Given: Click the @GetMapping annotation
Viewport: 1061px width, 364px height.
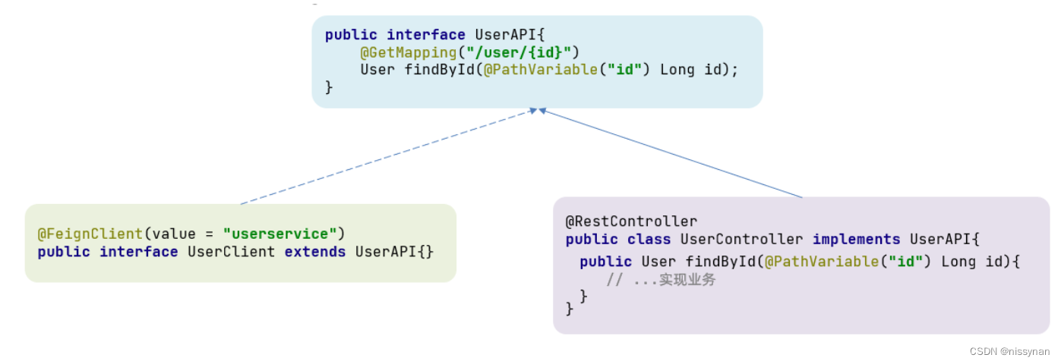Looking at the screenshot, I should click(398, 52).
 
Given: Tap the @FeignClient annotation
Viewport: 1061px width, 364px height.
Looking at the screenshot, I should click(90, 234).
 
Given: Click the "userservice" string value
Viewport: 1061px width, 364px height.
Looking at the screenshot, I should click(279, 234).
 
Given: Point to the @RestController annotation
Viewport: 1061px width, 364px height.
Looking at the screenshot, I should click(631, 221).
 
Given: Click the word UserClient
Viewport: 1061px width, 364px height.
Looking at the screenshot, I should click(231, 252).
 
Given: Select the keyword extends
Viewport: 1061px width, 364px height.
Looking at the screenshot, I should click(315, 252).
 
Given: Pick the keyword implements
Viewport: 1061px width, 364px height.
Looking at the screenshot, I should click(856, 240).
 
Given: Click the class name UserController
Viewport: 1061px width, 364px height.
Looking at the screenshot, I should click(741, 240).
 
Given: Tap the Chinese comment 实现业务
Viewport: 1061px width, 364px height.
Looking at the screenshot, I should click(687, 280).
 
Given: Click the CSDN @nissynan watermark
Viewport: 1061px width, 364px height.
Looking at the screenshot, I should click(1009, 352).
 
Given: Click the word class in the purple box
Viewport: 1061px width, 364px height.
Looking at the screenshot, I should click(649, 240).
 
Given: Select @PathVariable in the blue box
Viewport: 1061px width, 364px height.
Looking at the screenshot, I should click(532, 70).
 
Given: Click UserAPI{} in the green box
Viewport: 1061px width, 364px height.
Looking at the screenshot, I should click(394, 252).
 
